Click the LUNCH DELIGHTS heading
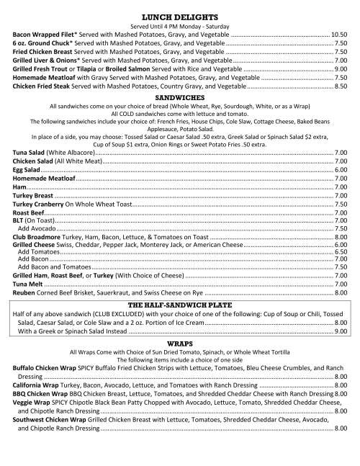[x=180, y=14]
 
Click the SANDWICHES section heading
[x=180, y=97]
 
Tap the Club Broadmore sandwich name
[x=42, y=236]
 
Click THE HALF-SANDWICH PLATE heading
[x=180, y=305]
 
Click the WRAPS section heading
[x=180, y=344]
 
